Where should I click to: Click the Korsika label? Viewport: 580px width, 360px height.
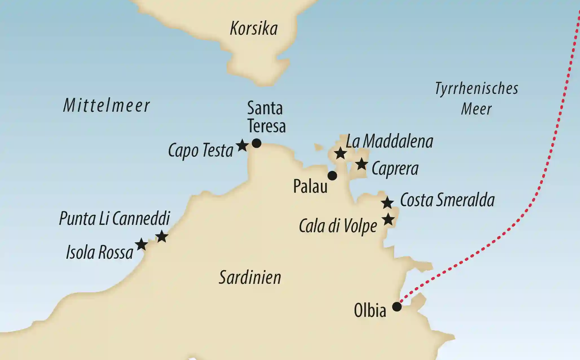coord(254,29)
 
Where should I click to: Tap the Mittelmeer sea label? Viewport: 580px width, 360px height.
coord(106,106)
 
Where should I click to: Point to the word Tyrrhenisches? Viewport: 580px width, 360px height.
coord(476,89)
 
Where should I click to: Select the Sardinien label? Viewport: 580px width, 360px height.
coord(250,277)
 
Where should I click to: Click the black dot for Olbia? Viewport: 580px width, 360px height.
coord(397,306)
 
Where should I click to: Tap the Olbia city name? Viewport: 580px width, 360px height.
coord(370,311)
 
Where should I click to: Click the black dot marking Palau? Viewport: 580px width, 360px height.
coord(332,176)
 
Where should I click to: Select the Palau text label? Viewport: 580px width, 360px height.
coord(310,186)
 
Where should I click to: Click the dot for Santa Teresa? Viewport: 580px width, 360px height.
coord(256,143)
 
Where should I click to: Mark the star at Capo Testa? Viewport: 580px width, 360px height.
coord(242,146)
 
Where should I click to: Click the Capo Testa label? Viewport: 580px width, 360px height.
coord(200,151)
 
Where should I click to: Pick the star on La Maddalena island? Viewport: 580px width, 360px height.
coord(340,153)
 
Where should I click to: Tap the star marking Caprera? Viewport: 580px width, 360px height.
coord(361,164)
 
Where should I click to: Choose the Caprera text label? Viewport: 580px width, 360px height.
coord(395,169)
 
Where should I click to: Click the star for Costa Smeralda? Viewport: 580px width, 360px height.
coord(387,203)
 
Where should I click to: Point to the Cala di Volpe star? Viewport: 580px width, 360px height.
coord(388,219)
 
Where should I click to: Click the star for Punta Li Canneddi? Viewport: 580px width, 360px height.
coord(162,236)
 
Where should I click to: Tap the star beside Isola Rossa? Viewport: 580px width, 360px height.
coord(141,244)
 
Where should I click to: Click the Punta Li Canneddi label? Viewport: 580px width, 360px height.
coord(114,218)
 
